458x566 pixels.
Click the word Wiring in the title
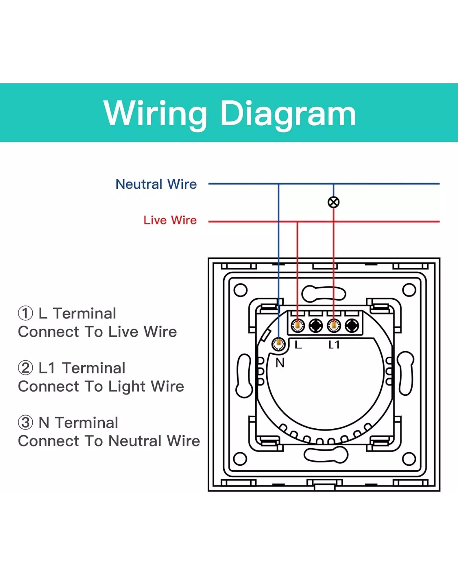(155, 113)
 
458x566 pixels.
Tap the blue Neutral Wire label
(156, 184)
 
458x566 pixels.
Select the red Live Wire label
(170, 220)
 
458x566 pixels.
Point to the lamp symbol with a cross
(333, 202)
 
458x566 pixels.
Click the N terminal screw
(279, 343)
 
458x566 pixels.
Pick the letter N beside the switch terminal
(280, 363)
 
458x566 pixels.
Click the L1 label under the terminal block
(334, 344)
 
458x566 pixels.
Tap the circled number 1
(25, 313)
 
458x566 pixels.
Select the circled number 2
(25, 368)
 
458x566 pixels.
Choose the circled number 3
(25, 423)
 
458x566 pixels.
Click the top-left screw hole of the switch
(240, 290)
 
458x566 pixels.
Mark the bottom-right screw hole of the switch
(409, 459)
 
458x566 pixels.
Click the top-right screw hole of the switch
(409, 290)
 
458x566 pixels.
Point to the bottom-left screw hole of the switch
(240, 459)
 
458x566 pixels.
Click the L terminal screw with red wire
(298, 325)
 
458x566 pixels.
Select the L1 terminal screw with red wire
(334, 325)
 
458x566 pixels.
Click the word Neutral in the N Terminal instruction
(135, 441)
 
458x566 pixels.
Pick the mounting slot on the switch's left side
(244, 375)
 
